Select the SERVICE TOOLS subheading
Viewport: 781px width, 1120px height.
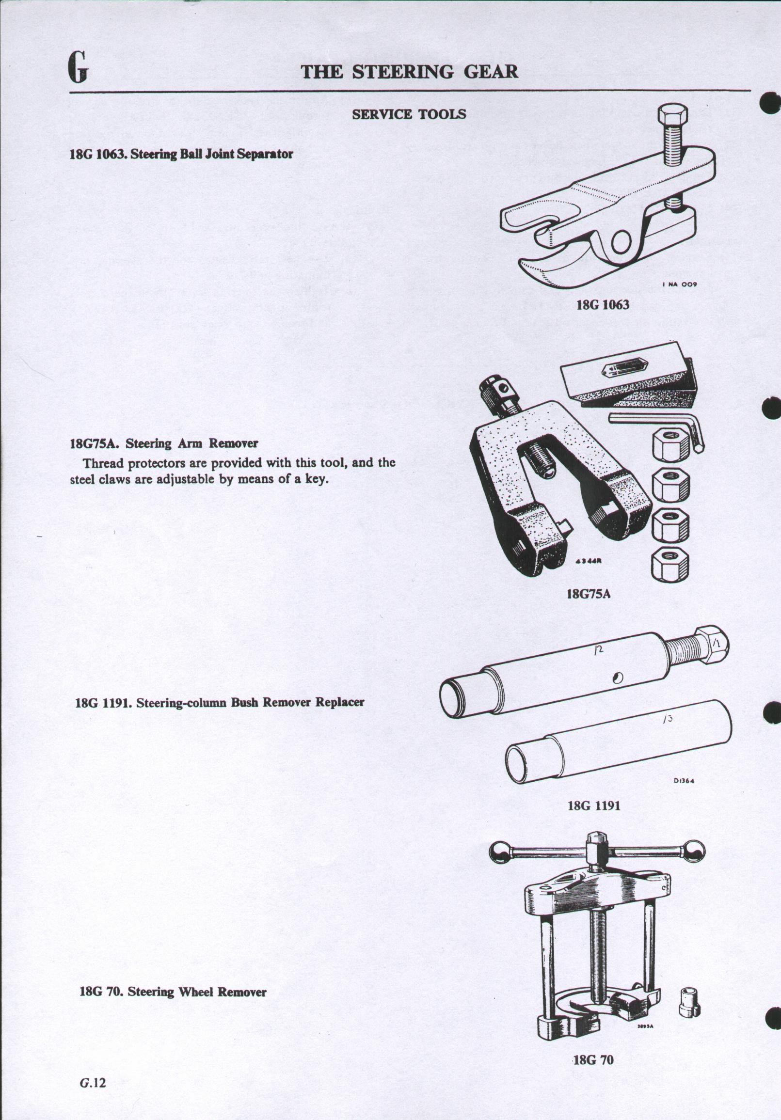pos(409,115)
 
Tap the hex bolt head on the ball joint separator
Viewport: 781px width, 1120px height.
pos(673,116)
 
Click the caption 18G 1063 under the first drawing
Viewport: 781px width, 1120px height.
pos(603,305)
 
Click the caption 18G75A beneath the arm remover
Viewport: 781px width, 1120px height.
pos(589,594)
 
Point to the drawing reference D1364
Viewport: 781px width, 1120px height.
pos(685,780)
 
